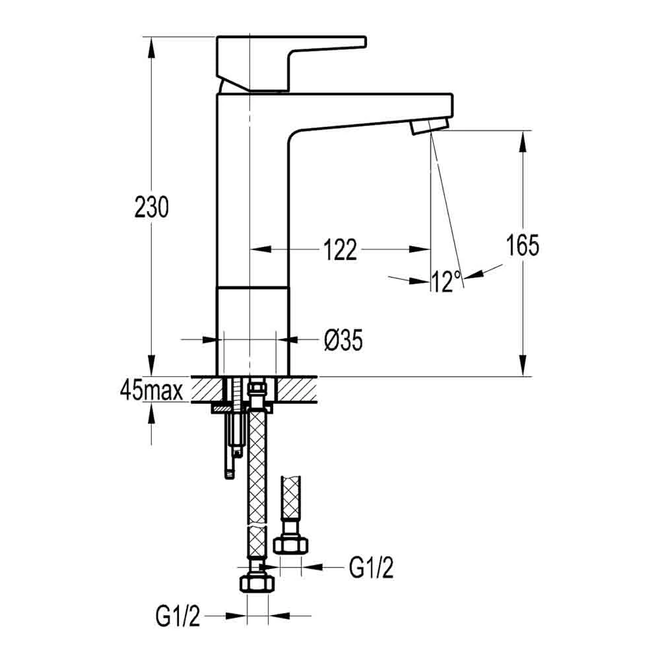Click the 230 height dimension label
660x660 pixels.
152,207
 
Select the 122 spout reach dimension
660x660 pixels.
340,249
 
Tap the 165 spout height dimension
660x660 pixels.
523,246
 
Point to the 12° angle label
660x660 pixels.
446,282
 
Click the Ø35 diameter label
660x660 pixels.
343,341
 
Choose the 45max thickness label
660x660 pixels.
151,391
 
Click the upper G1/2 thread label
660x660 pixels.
371,567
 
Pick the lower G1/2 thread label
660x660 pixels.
178,617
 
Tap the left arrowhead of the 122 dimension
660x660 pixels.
257,249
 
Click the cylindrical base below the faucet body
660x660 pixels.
253,330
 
